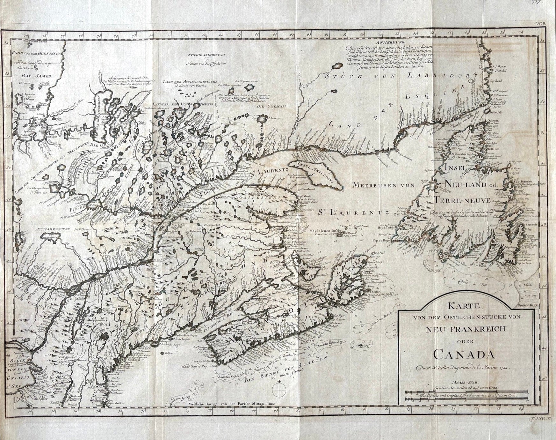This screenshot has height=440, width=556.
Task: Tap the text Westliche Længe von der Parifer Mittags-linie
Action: (x=233, y=403)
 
